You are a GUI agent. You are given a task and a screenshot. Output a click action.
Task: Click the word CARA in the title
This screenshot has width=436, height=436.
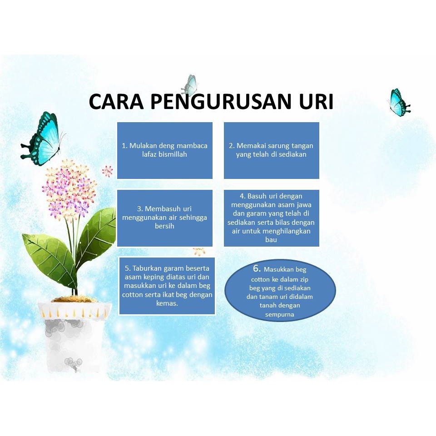point(116,101)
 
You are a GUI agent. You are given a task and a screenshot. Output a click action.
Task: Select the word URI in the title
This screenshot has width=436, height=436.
point(316,101)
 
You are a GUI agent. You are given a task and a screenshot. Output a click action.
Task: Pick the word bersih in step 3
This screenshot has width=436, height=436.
point(164,226)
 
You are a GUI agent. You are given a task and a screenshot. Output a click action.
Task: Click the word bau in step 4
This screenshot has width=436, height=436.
point(271,240)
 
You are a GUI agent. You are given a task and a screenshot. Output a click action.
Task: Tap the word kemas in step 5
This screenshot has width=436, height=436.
point(166,303)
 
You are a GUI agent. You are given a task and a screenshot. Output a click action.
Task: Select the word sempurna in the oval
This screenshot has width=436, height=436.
point(279,315)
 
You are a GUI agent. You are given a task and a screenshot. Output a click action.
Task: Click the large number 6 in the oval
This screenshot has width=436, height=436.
point(257,268)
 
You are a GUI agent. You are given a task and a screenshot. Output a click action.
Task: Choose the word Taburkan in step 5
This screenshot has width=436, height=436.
point(147,268)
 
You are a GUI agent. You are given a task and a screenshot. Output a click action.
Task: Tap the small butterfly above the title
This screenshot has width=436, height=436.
point(190,84)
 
